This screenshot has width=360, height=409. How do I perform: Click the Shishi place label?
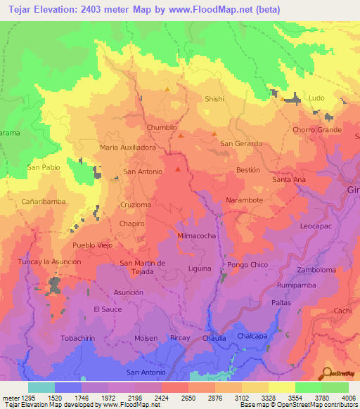[x=214, y=99]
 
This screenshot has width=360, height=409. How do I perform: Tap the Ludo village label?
[x=317, y=98]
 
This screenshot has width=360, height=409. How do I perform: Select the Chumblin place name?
[x=162, y=126]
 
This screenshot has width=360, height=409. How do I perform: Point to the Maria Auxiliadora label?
[x=128, y=148]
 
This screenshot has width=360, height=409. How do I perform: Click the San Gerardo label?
[x=241, y=143]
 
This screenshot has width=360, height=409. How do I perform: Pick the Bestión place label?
[x=248, y=170]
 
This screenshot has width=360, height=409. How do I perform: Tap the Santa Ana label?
[x=289, y=179]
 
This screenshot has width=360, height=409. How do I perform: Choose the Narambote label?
[x=245, y=200]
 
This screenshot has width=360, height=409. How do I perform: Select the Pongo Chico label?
[x=247, y=264]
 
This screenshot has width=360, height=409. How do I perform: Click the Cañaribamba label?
[x=44, y=201]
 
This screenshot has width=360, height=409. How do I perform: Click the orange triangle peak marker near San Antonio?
[x=178, y=168]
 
